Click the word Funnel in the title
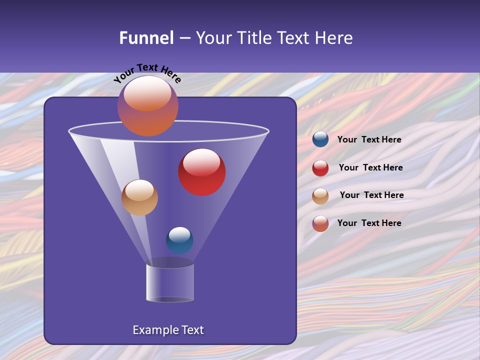[x=146, y=38]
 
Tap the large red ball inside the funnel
[x=202, y=172]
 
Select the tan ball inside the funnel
[x=139, y=197]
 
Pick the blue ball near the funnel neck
[x=179, y=240]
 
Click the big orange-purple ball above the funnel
[x=147, y=106]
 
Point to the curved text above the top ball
[x=147, y=72]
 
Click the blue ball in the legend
[x=320, y=139]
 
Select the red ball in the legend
[x=320, y=168]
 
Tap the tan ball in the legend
[x=320, y=196]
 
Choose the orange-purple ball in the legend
[x=320, y=223]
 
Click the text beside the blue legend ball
[x=369, y=139]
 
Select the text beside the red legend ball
[x=370, y=167]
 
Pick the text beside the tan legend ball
[x=371, y=195]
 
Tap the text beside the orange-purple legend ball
[x=369, y=223]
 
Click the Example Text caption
[x=168, y=330]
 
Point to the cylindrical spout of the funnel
[x=169, y=283]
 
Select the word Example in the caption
[x=154, y=330]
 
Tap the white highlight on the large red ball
[x=201, y=161]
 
